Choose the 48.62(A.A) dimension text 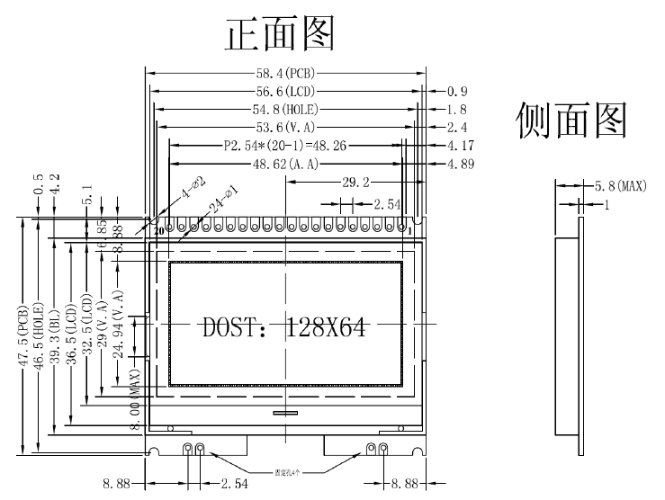(x=284, y=164)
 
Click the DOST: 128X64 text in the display (x=283, y=327)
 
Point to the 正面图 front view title (x=281, y=34)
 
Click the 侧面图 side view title (x=571, y=121)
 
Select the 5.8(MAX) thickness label (x=621, y=186)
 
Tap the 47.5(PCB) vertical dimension (x=23, y=334)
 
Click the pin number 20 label (x=159, y=231)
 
